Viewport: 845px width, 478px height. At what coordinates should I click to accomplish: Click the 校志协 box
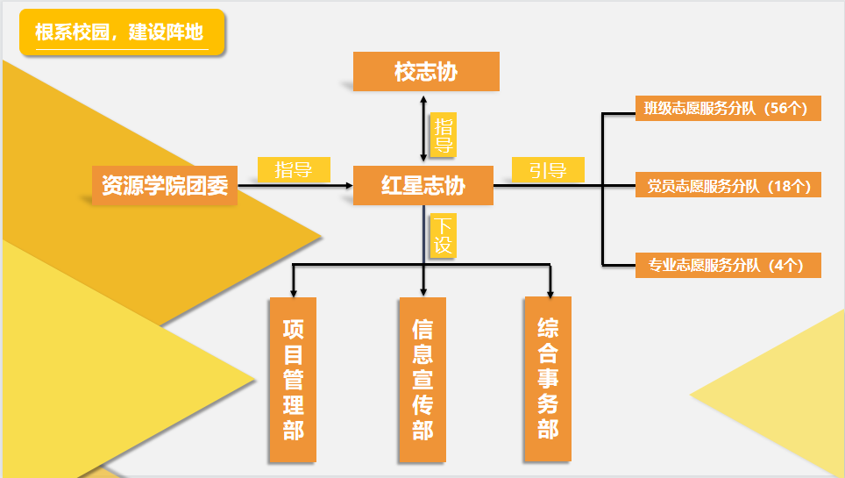pos(426,71)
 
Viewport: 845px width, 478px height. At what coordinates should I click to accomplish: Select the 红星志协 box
pos(423,185)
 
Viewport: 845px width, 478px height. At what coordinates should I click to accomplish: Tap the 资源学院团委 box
pos(165,186)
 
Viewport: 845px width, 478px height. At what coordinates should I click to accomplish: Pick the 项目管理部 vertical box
pos(293,379)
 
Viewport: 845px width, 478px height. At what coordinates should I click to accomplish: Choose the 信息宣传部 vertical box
pos(422,380)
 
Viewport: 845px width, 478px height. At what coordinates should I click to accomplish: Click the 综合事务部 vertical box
pos(548,378)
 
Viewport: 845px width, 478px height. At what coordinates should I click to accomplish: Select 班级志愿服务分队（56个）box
pos(728,109)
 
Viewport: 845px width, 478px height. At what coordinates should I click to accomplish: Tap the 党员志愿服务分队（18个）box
pos(728,185)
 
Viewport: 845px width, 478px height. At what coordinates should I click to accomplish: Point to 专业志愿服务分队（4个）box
pos(728,265)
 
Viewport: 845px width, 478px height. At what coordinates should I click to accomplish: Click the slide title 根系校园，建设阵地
pos(121,33)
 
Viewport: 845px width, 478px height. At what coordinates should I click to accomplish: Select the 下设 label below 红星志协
pos(443,236)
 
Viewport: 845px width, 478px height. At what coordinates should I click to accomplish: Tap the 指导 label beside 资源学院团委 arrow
pos(294,169)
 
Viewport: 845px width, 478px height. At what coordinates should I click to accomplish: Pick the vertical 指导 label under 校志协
pos(444,134)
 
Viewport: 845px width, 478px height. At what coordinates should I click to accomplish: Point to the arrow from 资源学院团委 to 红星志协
pos(294,186)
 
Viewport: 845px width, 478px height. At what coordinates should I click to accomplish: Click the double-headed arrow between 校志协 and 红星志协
pos(424,127)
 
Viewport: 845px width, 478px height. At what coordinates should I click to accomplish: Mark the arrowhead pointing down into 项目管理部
pos(293,290)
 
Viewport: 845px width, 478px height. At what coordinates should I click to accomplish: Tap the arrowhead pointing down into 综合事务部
pos(550,290)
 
